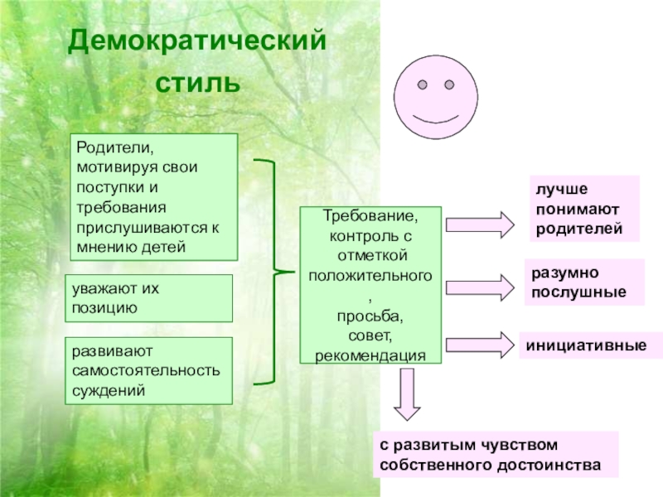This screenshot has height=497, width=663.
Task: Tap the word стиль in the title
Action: coord(197,84)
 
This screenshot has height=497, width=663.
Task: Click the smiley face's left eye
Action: coord(422,85)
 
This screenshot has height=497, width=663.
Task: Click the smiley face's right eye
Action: coord(450,85)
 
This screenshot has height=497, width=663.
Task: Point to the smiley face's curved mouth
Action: coord(436,118)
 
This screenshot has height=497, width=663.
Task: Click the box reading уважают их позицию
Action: coord(148,298)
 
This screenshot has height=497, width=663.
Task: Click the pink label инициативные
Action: coord(583,345)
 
